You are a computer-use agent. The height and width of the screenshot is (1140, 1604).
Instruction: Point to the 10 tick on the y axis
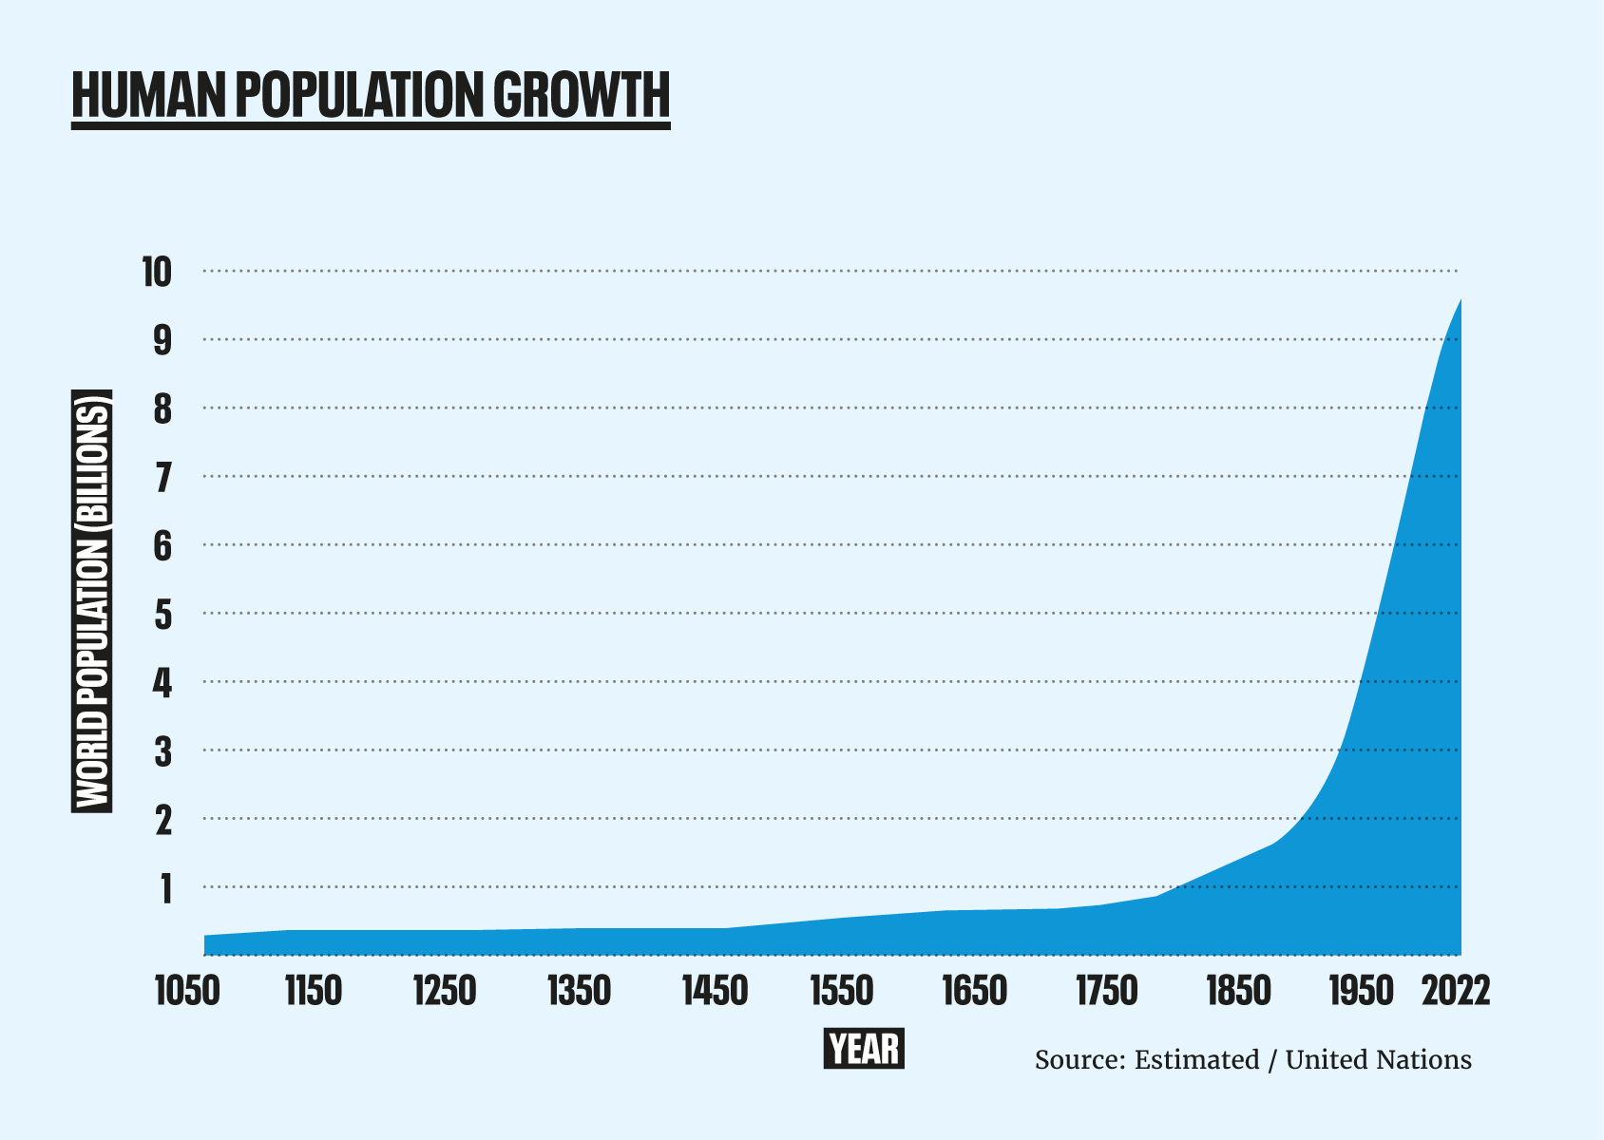coord(158,273)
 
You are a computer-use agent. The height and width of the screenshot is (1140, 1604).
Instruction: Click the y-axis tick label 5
coord(163,615)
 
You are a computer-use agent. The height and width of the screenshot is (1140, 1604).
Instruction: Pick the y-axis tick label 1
coord(166,888)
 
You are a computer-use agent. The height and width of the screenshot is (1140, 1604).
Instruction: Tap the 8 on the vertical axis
coord(163,409)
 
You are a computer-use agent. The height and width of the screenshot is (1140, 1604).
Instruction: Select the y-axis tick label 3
coord(163,751)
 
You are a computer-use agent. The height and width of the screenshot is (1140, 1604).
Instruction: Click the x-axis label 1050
coord(187,992)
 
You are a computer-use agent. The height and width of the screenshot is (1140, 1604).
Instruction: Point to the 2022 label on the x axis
coord(1456,992)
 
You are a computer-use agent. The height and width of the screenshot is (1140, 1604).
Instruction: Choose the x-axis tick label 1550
coord(841,992)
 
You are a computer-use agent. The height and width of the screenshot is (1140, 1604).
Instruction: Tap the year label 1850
coord(1239,992)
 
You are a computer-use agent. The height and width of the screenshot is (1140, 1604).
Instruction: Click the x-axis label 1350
coord(579,992)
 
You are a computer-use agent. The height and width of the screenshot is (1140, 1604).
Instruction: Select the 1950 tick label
coord(1362,992)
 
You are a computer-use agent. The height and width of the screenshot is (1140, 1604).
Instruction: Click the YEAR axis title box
coord(863,1049)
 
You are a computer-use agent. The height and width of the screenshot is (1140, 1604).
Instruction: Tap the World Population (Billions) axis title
coord(92,600)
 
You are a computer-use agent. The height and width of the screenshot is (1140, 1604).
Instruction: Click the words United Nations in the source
coord(1378,1059)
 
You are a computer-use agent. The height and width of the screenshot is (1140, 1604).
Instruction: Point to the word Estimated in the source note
coord(1196,1059)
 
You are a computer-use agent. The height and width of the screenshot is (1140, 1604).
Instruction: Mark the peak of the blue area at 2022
coord(1460,300)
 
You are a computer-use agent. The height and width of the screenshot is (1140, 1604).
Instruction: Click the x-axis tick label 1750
coord(1106,992)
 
